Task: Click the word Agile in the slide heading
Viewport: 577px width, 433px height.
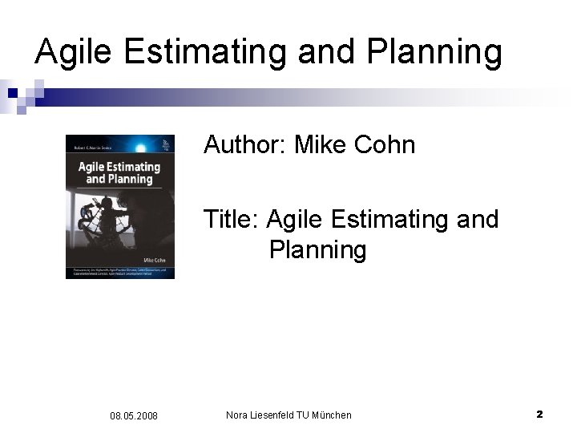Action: (78, 51)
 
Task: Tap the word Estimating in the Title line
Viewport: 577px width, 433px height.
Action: (380, 218)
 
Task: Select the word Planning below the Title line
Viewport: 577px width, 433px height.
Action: (318, 250)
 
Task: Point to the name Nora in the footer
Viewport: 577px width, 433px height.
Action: (238, 415)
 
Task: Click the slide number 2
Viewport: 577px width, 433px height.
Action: (539, 414)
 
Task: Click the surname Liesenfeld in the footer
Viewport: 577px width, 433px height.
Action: (273, 415)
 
